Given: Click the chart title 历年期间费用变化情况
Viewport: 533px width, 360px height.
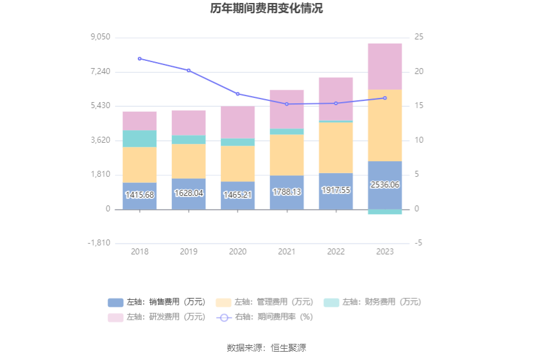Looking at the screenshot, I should (266, 9).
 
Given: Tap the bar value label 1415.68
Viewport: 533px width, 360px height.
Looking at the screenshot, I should (140, 195).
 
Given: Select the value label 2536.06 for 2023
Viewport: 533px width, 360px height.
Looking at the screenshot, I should (385, 185).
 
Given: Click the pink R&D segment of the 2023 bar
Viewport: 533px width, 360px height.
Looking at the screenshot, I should (385, 66).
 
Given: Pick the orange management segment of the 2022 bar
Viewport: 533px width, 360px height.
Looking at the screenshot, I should (335, 147).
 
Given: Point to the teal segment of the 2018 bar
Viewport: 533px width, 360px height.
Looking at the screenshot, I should (140, 139).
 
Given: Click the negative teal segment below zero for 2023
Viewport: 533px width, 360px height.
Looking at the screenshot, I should (385, 212).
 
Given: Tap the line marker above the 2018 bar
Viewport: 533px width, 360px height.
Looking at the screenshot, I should (140, 59).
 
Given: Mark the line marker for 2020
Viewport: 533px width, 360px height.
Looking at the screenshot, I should (238, 94).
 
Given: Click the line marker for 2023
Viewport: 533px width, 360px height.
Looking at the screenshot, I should (385, 98).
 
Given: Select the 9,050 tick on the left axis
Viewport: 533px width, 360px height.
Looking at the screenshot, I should (100, 37).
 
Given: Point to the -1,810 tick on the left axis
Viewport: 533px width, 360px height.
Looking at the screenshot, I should (99, 243).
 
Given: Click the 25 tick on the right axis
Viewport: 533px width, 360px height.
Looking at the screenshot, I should (419, 37).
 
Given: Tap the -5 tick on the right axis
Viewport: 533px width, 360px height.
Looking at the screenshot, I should (419, 243).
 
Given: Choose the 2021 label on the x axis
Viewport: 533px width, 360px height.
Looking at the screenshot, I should (286, 252).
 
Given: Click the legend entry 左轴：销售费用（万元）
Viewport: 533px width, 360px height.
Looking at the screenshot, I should (158, 302).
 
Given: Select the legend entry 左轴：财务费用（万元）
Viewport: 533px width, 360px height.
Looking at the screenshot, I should (373, 302).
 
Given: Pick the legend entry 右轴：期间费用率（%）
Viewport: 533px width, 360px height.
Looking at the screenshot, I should (265, 317).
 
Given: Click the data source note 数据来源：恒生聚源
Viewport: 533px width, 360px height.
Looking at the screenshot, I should (266, 347).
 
